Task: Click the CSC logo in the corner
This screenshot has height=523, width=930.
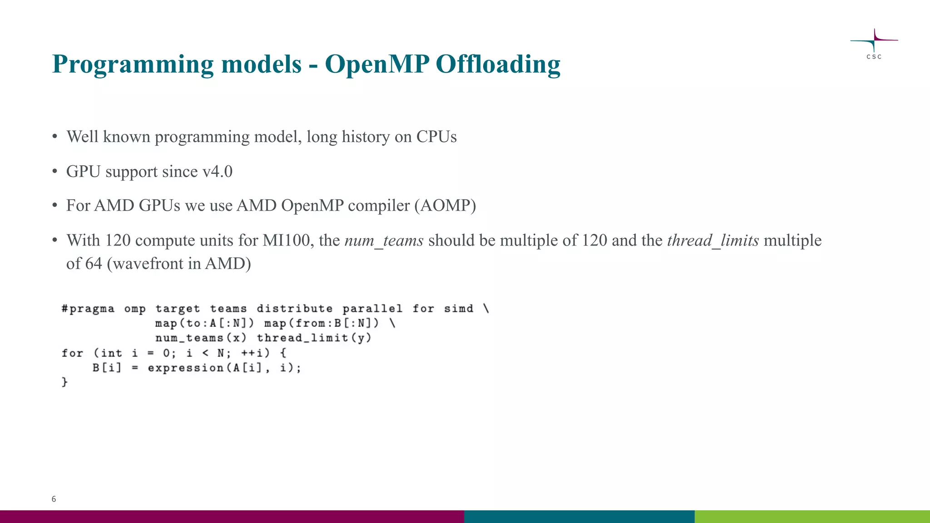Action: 874,44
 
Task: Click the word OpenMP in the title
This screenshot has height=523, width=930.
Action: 377,64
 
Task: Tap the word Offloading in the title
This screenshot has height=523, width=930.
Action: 498,64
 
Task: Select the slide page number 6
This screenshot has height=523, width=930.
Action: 54,499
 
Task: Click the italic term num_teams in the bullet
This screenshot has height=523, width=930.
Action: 384,241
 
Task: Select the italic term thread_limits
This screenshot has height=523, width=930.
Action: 712,241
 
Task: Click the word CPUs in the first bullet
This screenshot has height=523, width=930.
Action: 436,137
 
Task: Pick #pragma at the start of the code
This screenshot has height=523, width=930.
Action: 88,309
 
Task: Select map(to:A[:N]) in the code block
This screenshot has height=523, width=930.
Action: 204,323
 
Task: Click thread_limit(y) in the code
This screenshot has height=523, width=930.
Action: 314,338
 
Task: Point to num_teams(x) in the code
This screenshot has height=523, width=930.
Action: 201,338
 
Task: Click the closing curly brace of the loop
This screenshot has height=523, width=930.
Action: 64,382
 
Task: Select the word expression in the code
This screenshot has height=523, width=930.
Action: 185,368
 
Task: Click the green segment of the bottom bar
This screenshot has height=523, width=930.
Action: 812,516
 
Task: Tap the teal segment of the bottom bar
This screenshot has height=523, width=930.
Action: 579,516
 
